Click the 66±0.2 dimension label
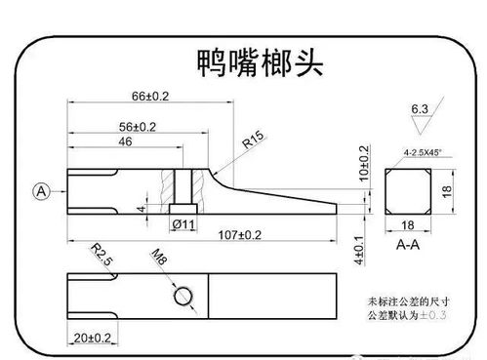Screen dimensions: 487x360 150,97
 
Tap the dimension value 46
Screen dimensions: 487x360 125,142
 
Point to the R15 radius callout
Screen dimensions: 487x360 256,140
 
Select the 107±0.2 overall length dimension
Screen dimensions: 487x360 240,234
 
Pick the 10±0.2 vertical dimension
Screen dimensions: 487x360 364,163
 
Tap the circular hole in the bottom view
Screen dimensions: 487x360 183,295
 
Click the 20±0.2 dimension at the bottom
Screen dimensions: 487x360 95,337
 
